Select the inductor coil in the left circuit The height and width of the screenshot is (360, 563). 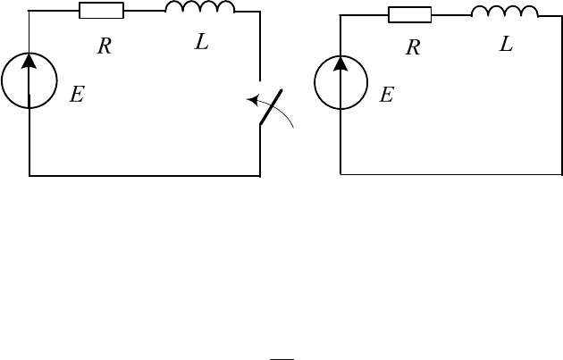tap(199, 6)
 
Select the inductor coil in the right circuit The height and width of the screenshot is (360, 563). tap(505, 11)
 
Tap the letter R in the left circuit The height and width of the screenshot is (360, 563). tap(105, 46)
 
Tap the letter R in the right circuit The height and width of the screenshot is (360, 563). tap(413, 47)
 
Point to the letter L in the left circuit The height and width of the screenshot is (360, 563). tap(202, 42)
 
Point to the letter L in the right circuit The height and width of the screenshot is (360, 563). tap(507, 45)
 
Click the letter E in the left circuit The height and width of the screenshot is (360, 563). tap(77, 95)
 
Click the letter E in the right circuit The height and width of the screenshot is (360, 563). tap(387, 95)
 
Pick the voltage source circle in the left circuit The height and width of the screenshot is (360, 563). tap(2, 80)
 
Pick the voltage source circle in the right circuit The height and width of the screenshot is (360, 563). tap(315, 82)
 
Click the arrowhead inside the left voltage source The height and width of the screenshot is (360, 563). tap(29, 61)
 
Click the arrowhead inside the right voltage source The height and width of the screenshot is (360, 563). tap(340, 63)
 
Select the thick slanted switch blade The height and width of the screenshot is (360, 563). tap(271, 107)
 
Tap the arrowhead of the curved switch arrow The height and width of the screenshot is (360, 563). tap(253, 100)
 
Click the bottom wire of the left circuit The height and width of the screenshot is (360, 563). tap(145, 176)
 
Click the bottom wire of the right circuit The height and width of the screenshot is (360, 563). tap(451, 175)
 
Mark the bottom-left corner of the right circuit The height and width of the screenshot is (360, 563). tap(340, 175)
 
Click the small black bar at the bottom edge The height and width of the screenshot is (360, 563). tap(281, 358)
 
